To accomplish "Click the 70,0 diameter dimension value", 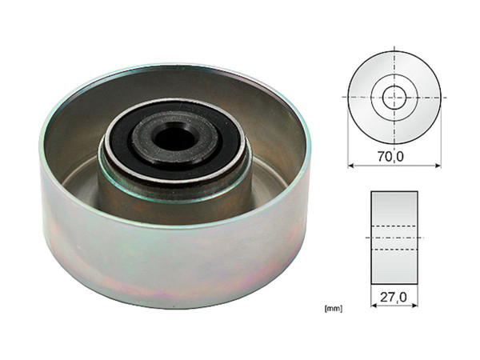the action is (390, 157).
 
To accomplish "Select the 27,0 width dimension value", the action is (394, 297).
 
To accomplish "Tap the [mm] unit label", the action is (334, 309).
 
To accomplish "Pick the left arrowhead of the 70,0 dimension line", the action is (351, 166).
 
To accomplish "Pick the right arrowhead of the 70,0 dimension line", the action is (438, 166).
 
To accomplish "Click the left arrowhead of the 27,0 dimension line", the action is (374, 306).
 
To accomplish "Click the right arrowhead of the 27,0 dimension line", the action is (414, 306).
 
